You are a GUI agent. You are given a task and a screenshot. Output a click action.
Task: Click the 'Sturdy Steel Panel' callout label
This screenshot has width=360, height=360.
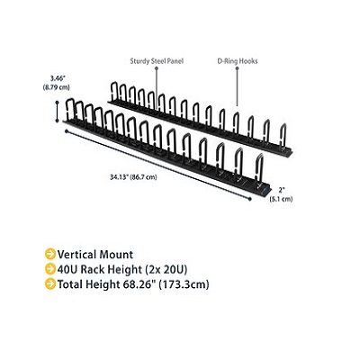pyautogui.click(x=157, y=61)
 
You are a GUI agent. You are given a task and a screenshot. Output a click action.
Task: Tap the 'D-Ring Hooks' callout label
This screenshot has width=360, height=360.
pyautogui.click(x=238, y=61)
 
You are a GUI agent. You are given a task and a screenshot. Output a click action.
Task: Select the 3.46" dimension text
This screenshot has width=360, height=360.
pyautogui.click(x=58, y=79)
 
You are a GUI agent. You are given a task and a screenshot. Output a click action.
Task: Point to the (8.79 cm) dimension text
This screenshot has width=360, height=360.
pyautogui.click(x=57, y=87)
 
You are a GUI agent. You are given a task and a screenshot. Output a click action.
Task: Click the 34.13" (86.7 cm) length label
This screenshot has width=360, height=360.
pyautogui.click(x=133, y=177)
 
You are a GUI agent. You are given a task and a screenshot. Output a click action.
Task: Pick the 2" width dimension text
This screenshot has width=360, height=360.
pyautogui.click(x=282, y=190)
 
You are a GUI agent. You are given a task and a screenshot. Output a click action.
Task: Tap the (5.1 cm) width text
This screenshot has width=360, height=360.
pyautogui.click(x=281, y=199)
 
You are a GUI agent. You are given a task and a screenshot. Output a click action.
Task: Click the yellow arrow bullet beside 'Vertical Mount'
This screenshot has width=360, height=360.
pyautogui.click(x=50, y=254)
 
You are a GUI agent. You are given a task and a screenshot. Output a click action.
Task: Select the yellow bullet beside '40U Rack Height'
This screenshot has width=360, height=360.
pyautogui.click(x=50, y=269)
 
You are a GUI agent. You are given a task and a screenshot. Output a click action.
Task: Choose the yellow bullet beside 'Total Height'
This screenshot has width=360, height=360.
pyautogui.click(x=50, y=283)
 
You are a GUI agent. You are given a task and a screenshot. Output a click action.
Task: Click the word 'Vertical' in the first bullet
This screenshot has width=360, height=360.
pyautogui.click(x=76, y=255)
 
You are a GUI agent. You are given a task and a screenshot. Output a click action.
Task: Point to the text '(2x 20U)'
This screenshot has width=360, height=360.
pyautogui.click(x=166, y=269)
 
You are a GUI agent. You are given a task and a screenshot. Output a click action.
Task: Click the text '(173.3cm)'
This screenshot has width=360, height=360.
pyautogui.click(x=184, y=284)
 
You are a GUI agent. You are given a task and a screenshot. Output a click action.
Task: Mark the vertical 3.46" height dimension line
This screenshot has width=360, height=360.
pyautogui.click(x=58, y=112)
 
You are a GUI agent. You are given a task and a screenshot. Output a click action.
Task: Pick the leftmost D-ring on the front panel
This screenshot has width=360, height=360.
pyautogui.click(x=69, y=110)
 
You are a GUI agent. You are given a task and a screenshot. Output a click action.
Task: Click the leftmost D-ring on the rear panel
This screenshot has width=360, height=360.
pyautogui.click(x=114, y=92)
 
